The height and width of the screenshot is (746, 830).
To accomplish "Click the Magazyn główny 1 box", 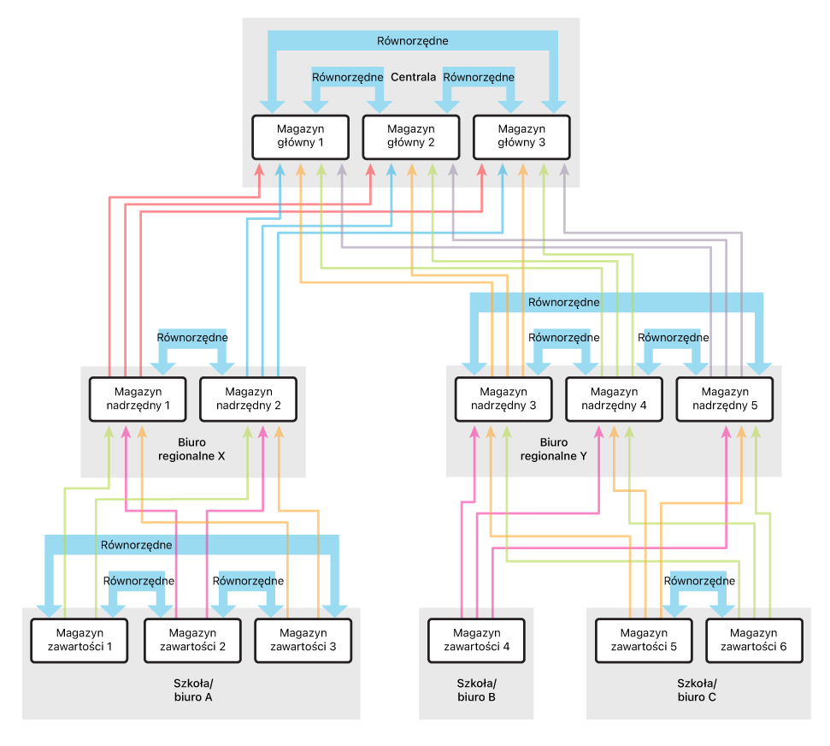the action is click(x=301, y=137).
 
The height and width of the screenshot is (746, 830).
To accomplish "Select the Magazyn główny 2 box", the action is click(x=411, y=137).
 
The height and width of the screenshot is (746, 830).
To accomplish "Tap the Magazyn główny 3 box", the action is click(x=522, y=137).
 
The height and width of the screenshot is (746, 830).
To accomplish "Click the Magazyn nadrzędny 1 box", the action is click(x=138, y=400).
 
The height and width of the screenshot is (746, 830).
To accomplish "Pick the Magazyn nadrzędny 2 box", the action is click(x=248, y=400).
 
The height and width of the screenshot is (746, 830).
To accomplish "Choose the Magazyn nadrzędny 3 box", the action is click(x=503, y=400).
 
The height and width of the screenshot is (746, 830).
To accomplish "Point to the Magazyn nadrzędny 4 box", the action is click(x=614, y=400).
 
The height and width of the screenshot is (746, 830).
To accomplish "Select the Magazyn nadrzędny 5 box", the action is click(x=725, y=400).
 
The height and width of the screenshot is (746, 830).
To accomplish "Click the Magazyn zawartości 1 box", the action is click(x=79, y=641).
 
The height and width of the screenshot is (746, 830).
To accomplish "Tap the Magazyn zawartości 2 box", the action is click(x=192, y=641).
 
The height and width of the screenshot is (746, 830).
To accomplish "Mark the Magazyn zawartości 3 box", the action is click(x=303, y=641).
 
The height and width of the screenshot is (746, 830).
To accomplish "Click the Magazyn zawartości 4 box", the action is click(x=476, y=641).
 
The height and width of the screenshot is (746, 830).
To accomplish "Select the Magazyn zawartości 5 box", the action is click(x=644, y=641).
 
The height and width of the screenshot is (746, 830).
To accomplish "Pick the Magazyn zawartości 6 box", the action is click(x=754, y=641).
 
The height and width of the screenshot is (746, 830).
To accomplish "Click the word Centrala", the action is click(x=414, y=77).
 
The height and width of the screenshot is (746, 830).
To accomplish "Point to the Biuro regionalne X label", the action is click(x=191, y=449).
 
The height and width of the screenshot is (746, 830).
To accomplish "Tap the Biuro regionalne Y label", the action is click(x=554, y=449).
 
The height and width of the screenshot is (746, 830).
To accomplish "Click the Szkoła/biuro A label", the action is click(x=193, y=690).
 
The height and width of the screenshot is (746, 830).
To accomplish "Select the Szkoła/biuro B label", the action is click(x=476, y=690).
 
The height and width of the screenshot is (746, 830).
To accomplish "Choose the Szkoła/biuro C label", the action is click(x=697, y=690).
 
